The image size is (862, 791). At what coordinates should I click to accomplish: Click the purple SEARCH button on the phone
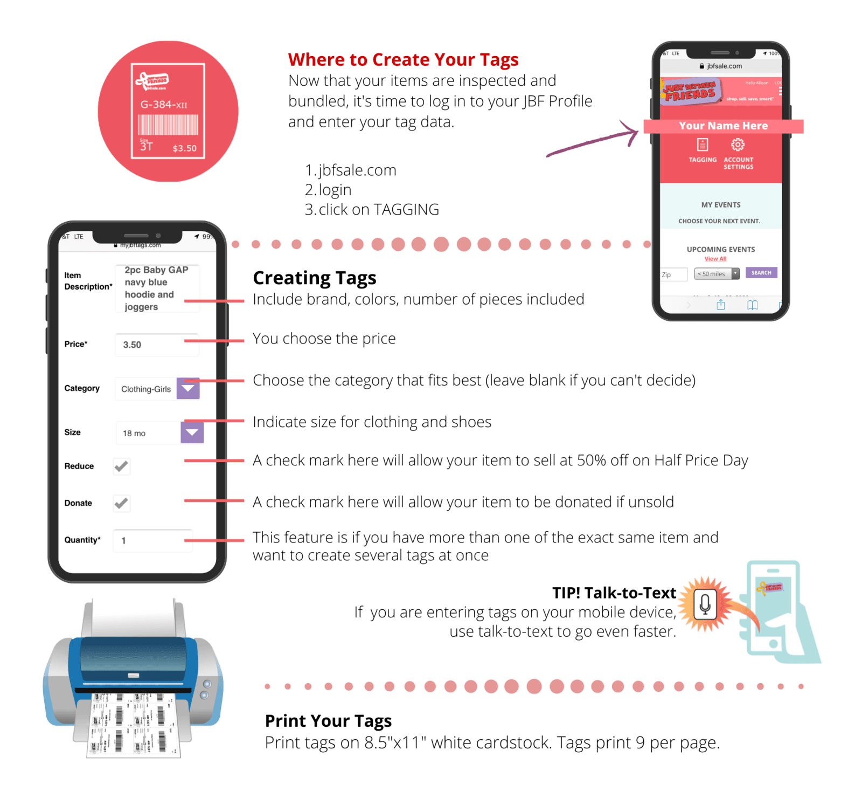click(761, 273)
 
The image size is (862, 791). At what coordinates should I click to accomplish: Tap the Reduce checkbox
click(122, 466)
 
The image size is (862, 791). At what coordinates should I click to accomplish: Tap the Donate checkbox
click(122, 503)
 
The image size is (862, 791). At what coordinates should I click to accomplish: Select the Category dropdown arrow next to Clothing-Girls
click(188, 388)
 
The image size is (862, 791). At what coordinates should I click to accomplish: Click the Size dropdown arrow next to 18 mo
click(192, 432)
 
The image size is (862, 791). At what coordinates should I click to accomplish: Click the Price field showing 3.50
click(156, 345)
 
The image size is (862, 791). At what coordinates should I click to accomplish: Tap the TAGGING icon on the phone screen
click(703, 145)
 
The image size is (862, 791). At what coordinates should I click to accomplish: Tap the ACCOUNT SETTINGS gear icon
click(738, 145)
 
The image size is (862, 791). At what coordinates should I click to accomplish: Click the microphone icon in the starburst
click(705, 604)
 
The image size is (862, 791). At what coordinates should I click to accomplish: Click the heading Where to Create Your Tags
click(403, 59)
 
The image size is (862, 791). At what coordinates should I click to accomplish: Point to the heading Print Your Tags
click(328, 721)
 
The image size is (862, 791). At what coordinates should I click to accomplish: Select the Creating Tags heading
click(315, 278)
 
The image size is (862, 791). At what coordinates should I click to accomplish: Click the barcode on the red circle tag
click(168, 125)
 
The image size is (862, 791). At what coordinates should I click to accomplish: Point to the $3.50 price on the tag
click(184, 148)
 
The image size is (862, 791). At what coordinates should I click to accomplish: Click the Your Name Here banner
click(723, 126)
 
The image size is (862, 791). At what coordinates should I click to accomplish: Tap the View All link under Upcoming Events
click(715, 259)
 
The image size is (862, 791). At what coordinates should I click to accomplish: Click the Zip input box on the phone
click(674, 274)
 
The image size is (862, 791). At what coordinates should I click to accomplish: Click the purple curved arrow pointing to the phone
click(593, 142)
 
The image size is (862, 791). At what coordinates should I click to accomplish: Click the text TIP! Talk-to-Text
click(614, 593)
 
